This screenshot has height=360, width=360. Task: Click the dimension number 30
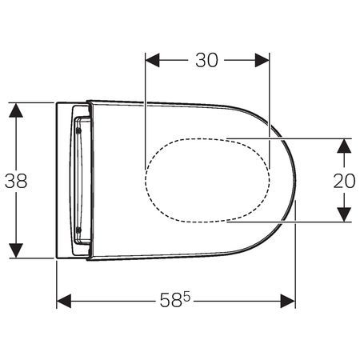(x=206, y=60)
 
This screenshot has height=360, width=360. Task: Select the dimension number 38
(x=16, y=181)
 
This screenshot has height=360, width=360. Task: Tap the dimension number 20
(x=344, y=181)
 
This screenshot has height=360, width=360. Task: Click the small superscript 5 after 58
(x=187, y=296)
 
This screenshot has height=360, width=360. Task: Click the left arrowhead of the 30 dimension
(x=152, y=60)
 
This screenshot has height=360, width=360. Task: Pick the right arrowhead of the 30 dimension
(x=262, y=60)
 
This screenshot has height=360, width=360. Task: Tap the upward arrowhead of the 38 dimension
(x=16, y=110)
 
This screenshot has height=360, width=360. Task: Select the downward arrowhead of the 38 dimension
(x=16, y=250)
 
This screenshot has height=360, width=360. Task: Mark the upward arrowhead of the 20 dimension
(x=344, y=146)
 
